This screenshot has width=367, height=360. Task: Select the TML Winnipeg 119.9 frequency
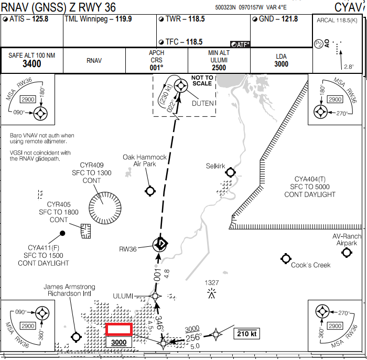pos(123,19)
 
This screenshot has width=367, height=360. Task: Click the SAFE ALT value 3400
pos(32,64)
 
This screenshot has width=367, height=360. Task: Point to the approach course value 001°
pos(157,67)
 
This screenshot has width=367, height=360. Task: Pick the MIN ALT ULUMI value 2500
pos(219,68)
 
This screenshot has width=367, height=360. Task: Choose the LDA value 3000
pos(282,64)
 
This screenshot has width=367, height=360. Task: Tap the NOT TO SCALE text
pos(202,80)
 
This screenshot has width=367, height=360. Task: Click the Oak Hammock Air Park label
pos(145,160)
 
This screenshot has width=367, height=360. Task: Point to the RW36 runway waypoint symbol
pos(160,244)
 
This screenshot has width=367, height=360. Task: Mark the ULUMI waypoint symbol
pos(155,296)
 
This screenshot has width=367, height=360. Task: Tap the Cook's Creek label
pos(310,265)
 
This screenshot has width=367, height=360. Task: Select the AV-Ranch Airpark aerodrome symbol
pos(346,253)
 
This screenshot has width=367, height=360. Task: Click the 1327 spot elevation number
pos(212,283)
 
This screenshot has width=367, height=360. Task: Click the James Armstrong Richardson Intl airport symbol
pos(76,336)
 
